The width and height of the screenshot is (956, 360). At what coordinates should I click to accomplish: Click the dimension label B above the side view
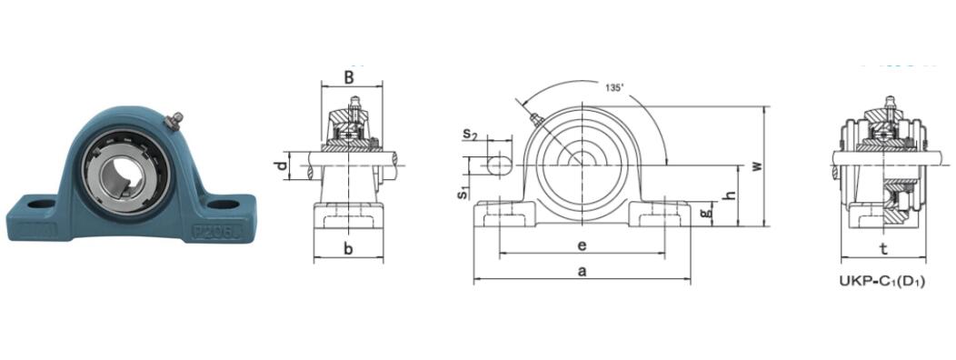tap(349, 77)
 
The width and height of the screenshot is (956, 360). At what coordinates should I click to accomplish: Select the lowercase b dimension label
tap(349, 248)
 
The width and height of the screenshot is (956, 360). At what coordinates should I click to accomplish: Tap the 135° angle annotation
tap(614, 88)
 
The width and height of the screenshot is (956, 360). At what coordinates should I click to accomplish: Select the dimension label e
tap(582, 245)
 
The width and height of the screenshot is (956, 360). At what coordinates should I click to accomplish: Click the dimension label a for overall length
tap(582, 270)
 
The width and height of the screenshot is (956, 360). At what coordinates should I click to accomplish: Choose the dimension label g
tap(708, 213)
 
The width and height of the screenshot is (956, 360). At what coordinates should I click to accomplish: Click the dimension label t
tap(883, 247)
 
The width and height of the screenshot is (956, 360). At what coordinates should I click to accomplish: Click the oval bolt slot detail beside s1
tap(499, 165)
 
